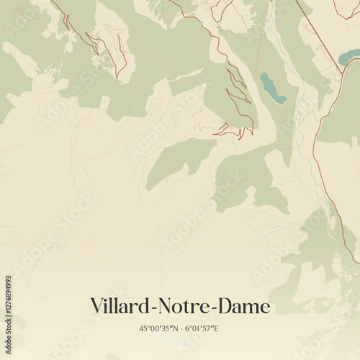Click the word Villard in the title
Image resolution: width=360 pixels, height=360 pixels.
coord(117,306)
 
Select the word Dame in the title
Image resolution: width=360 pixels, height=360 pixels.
coord(243,306)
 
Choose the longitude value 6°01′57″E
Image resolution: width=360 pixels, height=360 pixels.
coord(202,329)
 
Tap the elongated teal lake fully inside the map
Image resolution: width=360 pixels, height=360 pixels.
coord(272,88)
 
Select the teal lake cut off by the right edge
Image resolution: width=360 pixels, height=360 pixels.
coord(348,57)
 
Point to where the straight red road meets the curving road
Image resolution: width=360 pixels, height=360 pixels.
coord(341,70)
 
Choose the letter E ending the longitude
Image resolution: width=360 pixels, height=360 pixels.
coord(216,329)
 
